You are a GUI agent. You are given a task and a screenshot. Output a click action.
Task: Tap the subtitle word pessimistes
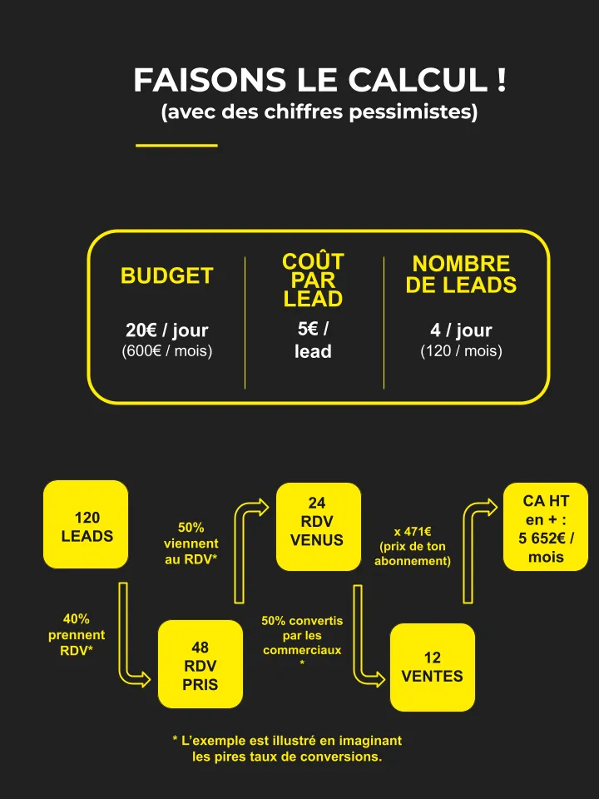click(413, 112)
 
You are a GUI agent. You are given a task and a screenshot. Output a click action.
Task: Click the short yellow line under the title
click(176, 146)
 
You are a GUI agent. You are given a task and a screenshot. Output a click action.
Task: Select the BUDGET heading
click(167, 275)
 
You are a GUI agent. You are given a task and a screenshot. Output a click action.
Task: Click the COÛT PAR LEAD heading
click(314, 280)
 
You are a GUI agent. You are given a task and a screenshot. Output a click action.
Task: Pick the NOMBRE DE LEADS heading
click(461, 274)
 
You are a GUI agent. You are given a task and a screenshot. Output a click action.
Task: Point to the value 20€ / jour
click(167, 330)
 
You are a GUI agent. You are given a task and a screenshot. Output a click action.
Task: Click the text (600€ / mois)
click(167, 351)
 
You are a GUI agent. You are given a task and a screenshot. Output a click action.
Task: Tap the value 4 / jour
click(461, 330)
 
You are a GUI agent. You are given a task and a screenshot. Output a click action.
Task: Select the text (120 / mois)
click(461, 351)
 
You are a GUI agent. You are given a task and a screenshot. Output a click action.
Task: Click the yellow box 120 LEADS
click(86, 524)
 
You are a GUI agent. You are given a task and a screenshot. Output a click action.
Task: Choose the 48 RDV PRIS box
click(200, 664)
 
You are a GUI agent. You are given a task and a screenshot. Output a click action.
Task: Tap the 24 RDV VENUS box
click(319, 526)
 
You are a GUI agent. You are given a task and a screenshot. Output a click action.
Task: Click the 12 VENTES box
click(433, 667)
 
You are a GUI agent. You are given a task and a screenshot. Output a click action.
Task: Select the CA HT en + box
click(546, 526)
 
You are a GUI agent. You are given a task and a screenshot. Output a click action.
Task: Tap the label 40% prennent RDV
click(77, 635)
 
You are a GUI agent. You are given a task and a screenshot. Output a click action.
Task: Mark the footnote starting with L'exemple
click(287, 748)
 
